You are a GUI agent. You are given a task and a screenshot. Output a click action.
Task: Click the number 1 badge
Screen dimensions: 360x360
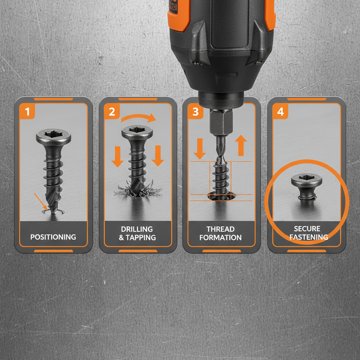tap(27, 112)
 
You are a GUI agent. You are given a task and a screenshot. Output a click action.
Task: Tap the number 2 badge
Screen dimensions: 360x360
tap(111, 112)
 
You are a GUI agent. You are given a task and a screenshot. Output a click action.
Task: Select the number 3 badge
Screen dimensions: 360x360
tap(195, 112)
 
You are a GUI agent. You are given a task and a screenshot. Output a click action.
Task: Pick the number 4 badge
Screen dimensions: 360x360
tap(280, 112)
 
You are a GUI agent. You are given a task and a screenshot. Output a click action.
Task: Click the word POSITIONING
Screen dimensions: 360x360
tap(53, 237)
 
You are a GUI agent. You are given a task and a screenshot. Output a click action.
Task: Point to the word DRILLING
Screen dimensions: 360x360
tap(137, 229)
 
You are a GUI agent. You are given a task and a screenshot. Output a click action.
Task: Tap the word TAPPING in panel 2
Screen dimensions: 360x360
tap(141, 238)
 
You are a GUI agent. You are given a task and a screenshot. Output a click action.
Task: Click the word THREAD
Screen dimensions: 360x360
tap(220, 229)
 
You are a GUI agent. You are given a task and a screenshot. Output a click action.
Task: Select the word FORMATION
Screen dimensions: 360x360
tap(220, 238)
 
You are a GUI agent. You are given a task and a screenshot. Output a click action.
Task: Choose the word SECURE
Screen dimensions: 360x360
tap(307, 229)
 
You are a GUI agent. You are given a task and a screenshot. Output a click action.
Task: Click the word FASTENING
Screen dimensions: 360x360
tap(308, 237)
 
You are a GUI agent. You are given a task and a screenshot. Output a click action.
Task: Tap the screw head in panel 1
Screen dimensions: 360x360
tap(53, 135)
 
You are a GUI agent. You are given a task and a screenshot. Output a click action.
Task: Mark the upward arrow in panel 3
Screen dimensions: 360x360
tap(241, 145)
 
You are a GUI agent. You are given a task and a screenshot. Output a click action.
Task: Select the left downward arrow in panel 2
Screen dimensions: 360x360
tap(117, 155)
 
